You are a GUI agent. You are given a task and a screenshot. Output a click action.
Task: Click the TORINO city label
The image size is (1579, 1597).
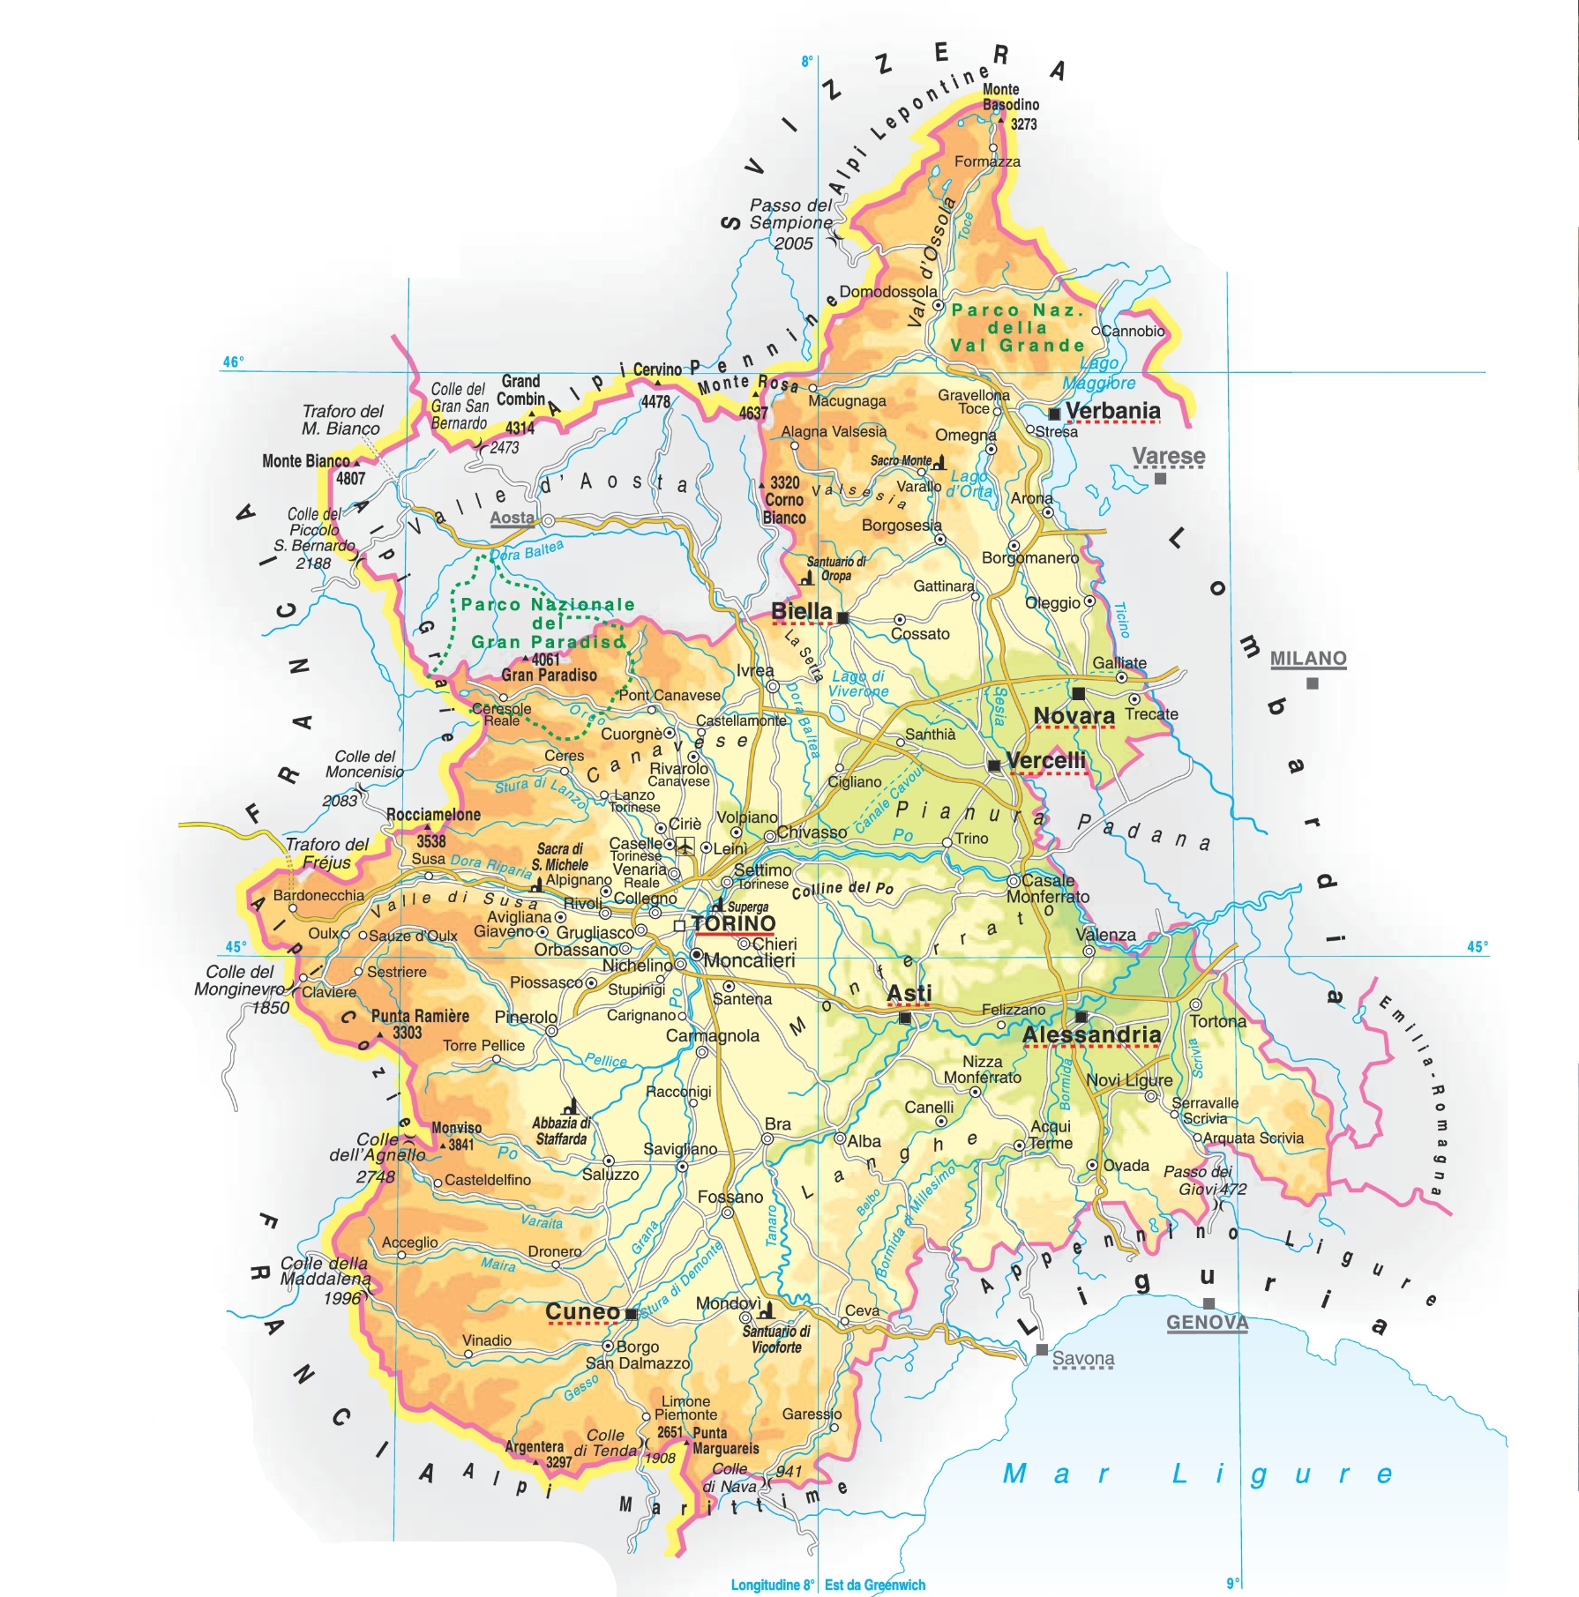tap(733, 923)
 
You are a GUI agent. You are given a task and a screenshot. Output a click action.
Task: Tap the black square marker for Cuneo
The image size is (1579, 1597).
tap(631, 1314)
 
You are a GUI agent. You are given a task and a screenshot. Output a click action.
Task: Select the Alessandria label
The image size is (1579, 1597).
tap(1091, 1034)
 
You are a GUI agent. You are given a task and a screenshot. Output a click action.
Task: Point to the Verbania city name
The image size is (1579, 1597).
tap(1112, 411)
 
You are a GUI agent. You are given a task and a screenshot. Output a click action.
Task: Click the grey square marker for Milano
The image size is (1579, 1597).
tap(1312, 683)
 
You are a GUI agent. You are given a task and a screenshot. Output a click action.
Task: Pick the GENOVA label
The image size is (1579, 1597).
tap(1207, 1322)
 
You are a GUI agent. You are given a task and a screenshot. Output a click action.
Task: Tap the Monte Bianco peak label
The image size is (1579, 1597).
tap(306, 460)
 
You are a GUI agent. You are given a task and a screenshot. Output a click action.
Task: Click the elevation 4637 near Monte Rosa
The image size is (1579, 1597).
tap(752, 413)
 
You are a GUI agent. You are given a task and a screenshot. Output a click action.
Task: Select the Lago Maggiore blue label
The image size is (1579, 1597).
tap(1098, 373)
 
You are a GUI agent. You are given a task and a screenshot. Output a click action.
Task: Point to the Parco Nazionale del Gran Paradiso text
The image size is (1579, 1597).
tap(547, 623)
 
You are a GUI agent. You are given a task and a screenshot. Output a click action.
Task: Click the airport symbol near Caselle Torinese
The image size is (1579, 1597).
tap(685, 847)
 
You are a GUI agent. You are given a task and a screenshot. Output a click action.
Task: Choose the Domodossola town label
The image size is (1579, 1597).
tap(887, 292)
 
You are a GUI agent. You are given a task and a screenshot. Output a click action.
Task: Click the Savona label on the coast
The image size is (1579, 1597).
tap(1082, 1359)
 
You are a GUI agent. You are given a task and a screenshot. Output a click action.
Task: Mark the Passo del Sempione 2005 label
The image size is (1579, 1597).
tap(790, 224)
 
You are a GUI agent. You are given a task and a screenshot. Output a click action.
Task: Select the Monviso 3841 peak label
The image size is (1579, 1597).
tap(456, 1136)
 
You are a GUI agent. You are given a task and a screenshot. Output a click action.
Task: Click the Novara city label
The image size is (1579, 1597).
tap(1074, 716)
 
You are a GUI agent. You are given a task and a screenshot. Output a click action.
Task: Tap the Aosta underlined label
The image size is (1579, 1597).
tap(512, 519)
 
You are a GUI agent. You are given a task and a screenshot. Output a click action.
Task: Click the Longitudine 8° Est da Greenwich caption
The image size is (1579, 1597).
tap(827, 1585)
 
